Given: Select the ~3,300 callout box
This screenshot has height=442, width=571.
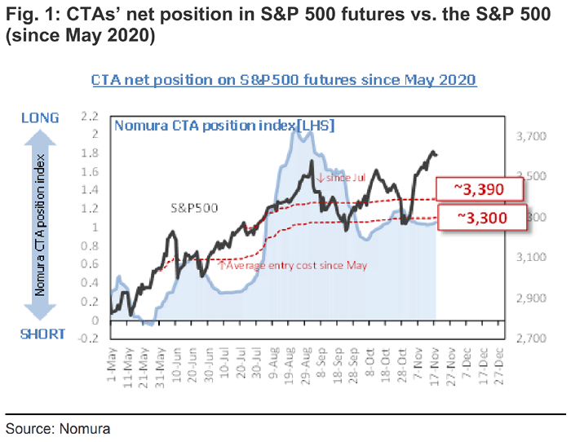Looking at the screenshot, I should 478,218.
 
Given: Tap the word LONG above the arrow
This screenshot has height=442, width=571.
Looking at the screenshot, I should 39,118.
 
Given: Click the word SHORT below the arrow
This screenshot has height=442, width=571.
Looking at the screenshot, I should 39,334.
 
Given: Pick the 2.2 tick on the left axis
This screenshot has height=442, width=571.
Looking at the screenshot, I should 90,116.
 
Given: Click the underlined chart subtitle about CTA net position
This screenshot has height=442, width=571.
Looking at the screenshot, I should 284,80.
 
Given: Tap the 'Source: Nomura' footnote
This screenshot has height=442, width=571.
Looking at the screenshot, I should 57,427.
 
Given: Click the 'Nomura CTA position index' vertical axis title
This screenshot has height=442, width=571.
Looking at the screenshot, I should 39,227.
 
